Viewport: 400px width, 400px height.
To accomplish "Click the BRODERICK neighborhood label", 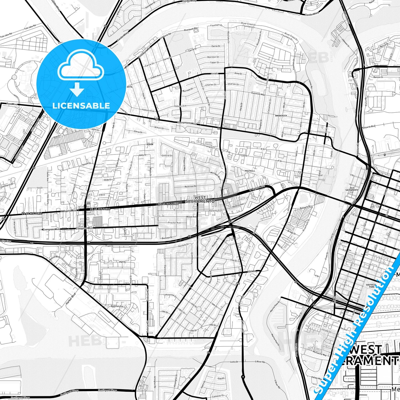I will coord(281,115).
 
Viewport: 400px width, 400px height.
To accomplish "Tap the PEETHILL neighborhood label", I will coord(250,171).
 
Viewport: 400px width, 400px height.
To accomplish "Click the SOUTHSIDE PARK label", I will coord(370,286).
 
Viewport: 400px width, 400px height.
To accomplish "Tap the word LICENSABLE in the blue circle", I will coord(81,106).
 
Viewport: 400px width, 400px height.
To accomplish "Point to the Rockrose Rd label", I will coord(190,186).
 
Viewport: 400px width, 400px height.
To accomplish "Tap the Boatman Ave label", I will coord(117,306).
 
